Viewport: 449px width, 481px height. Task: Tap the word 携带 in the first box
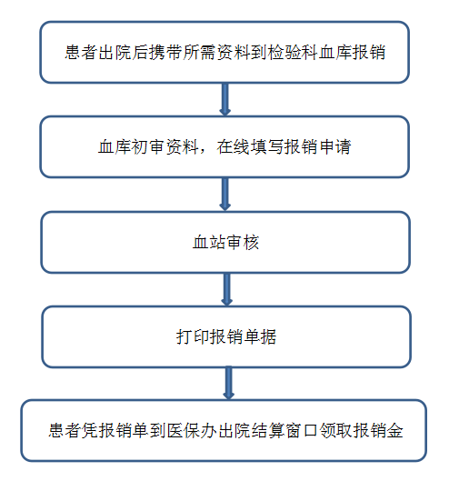[x=166, y=52]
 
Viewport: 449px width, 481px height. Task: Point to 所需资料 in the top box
[x=217, y=52]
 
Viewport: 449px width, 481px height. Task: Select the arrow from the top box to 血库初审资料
[x=225, y=99]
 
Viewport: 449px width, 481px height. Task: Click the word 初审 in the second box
[x=148, y=146]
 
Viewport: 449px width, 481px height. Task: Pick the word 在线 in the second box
[x=234, y=146]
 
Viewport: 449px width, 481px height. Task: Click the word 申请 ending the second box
[x=335, y=146]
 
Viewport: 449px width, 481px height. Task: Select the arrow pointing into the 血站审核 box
[x=225, y=195]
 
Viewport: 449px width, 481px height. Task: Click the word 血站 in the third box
[x=209, y=243]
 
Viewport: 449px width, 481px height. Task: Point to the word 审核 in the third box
[x=243, y=243]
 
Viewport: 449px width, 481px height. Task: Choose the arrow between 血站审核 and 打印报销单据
[x=226, y=289]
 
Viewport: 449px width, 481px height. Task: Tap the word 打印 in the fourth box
[x=193, y=336]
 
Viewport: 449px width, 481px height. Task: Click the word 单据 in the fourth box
[x=260, y=336]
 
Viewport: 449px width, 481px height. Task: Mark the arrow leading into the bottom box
[x=228, y=383]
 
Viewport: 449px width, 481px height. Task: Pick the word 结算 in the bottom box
[x=268, y=430]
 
